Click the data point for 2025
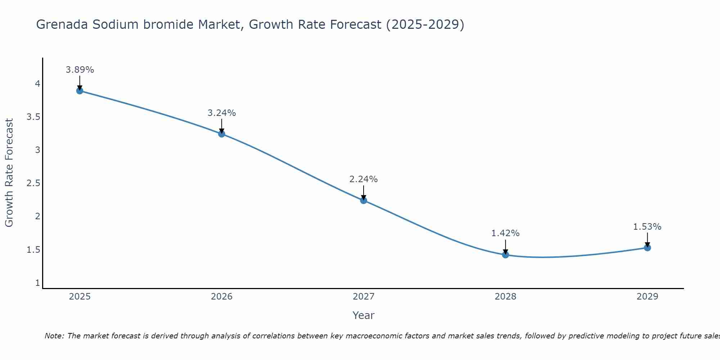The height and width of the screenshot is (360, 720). tap(80, 91)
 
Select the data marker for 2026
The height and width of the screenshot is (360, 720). tap(221, 134)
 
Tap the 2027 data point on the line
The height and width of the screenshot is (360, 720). tap(364, 201)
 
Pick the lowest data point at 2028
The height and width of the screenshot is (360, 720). tap(505, 255)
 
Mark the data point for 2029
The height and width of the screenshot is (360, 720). tap(647, 248)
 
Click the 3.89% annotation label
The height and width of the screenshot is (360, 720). tap(80, 70)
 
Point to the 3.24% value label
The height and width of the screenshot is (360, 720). tap(221, 113)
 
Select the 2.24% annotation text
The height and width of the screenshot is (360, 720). tap(364, 179)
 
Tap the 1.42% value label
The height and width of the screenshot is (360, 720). tap(505, 233)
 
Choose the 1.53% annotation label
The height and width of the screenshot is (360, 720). tap(647, 227)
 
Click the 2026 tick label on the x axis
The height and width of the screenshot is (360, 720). tap(221, 297)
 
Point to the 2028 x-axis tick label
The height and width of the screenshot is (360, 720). tap(505, 297)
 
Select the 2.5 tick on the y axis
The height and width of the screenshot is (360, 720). tap(33, 183)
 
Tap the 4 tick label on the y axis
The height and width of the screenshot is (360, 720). tap(37, 84)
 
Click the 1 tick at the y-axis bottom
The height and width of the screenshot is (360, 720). tap(37, 283)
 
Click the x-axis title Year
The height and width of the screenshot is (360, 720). tap(364, 315)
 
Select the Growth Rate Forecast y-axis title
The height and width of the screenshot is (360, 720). tap(9, 173)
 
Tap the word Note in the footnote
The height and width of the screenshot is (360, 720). tap(54, 336)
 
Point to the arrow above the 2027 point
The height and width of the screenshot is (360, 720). tap(364, 192)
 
